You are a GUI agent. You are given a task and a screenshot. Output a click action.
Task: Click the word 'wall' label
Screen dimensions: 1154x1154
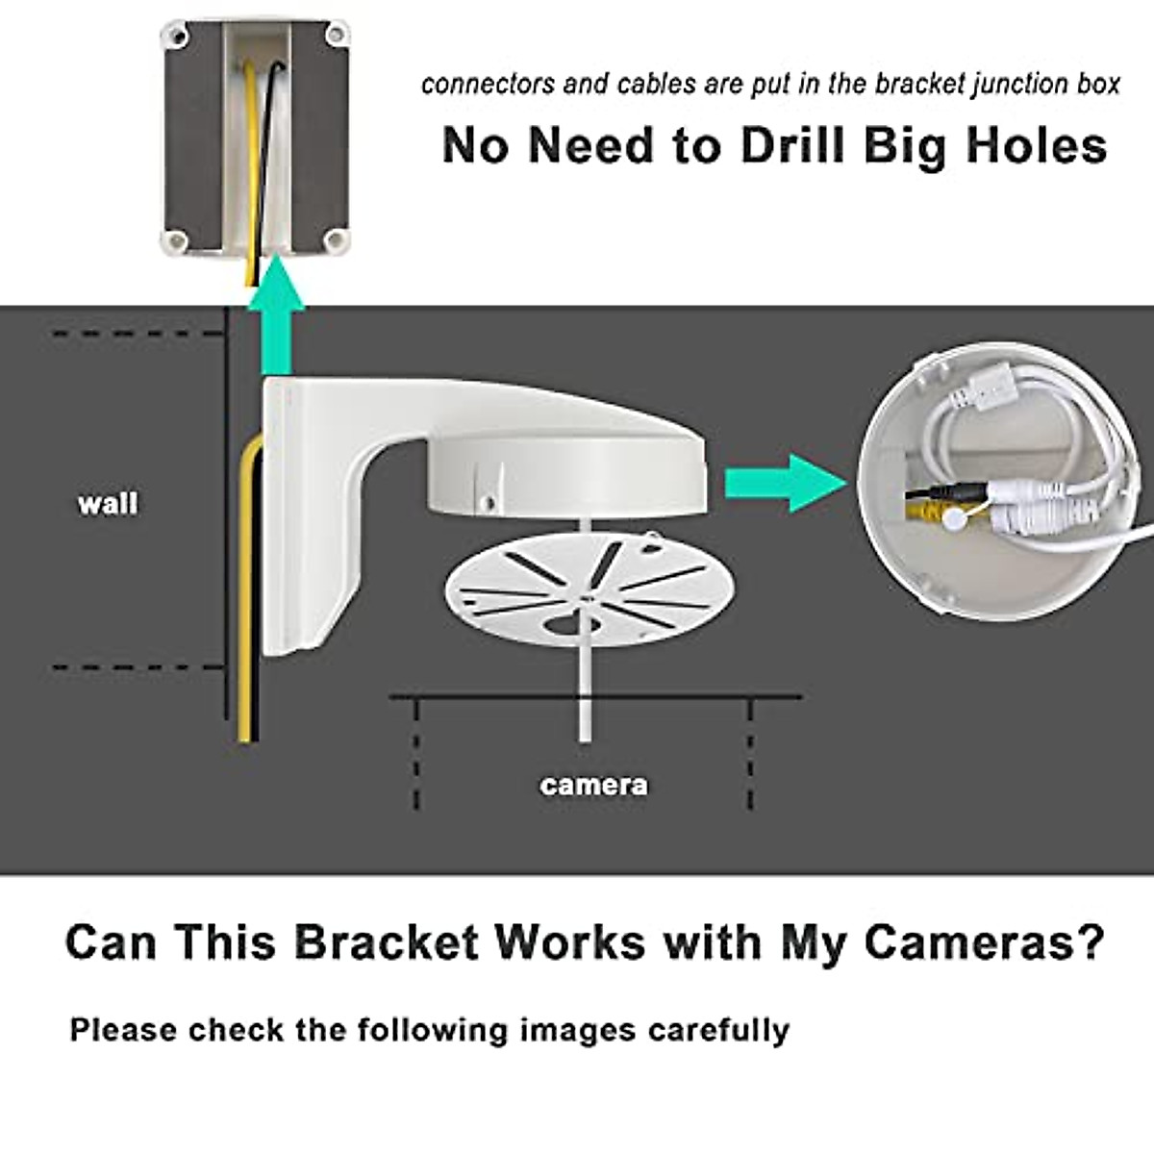pyautogui.click(x=108, y=503)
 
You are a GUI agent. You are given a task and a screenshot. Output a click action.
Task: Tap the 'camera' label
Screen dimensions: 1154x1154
pyautogui.click(x=593, y=785)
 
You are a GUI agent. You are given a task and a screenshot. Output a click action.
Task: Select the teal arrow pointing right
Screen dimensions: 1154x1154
pyautogui.click(x=784, y=483)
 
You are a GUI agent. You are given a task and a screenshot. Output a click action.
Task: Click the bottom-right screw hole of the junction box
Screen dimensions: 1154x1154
pyautogui.click(x=336, y=238)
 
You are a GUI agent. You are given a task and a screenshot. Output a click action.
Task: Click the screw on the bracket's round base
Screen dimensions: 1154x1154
pyautogui.click(x=489, y=502)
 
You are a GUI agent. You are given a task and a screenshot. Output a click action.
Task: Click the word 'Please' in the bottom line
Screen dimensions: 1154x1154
pyautogui.click(x=123, y=1030)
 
